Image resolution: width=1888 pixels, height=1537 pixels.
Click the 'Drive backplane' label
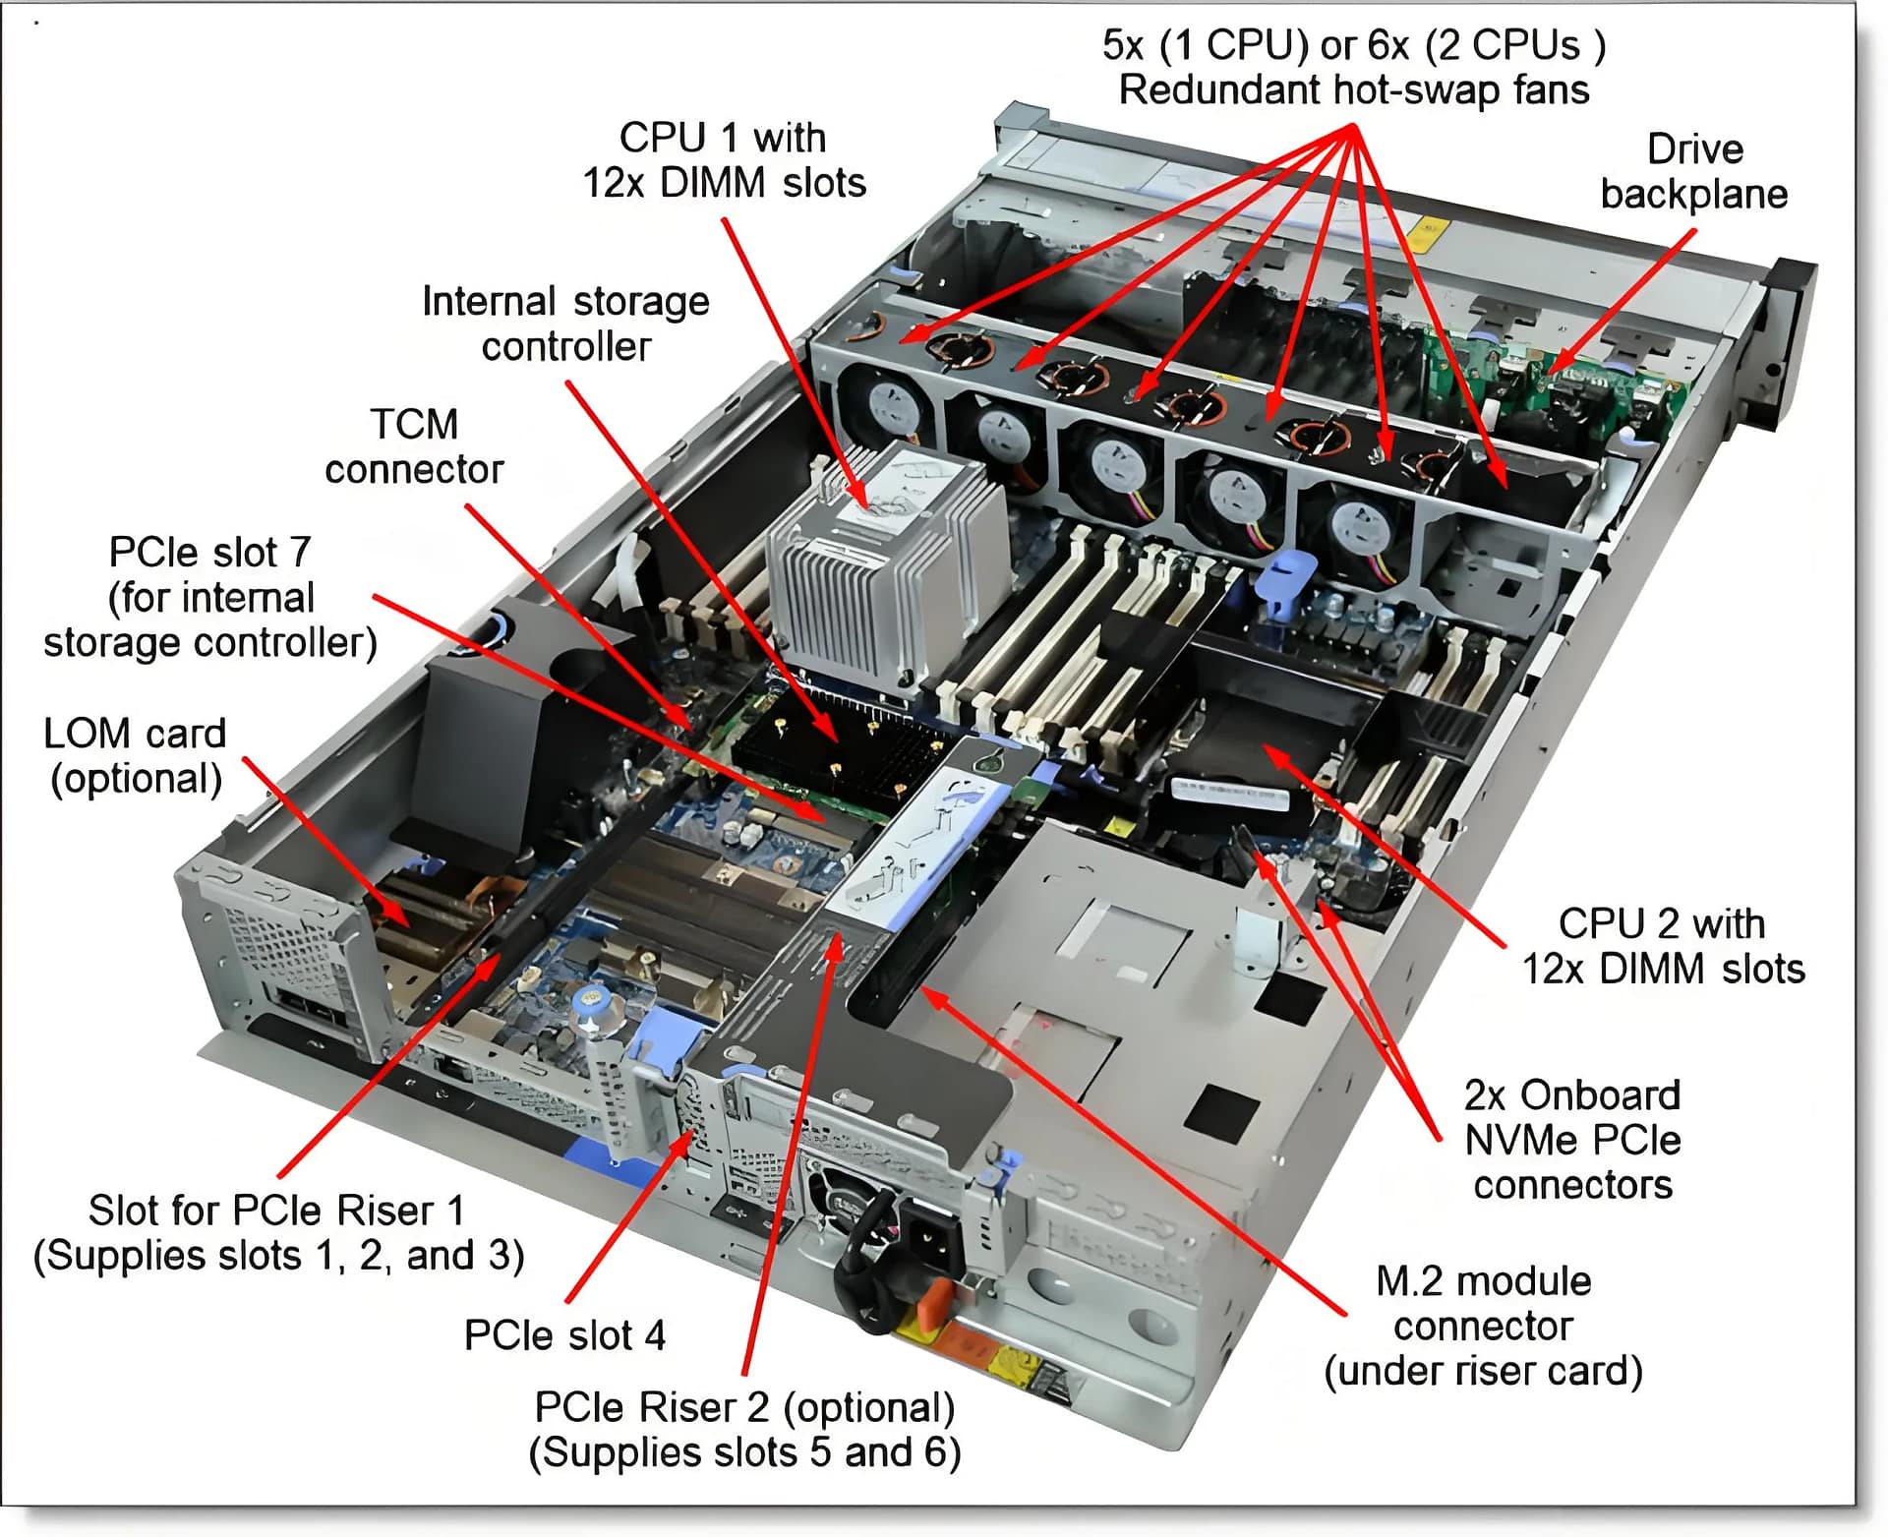(1693, 172)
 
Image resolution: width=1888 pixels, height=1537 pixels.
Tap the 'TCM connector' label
(414, 446)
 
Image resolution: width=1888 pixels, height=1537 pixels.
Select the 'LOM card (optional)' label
(136, 755)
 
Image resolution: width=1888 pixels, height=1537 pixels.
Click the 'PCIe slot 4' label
(564, 1335)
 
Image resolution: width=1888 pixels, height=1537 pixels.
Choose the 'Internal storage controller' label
(565, 324)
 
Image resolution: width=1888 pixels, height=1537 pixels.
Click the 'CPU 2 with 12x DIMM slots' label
(1663, 946)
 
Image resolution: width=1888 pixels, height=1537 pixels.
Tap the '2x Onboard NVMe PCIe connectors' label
(1571, 1140)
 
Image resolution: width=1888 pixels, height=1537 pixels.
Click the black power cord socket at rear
(929, 1244)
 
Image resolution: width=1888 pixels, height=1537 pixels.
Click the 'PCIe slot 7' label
(209, 597)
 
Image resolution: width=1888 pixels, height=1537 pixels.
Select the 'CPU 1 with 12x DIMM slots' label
(724, 160)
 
